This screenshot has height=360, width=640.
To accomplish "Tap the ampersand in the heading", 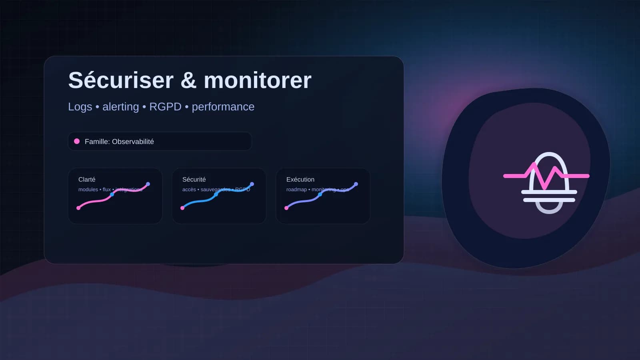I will pos(188,80).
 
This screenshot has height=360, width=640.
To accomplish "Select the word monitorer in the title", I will pos(258,80).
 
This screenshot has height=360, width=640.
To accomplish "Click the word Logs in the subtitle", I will pos(80,107).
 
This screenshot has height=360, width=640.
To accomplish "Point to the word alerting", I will pos(120,107).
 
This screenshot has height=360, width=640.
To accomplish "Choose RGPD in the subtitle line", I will pos(165,107).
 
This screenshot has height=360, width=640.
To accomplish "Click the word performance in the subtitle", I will pos(223,107).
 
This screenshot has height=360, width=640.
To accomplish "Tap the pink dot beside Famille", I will pos(77,141).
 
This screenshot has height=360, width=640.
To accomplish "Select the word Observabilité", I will pos(133,142).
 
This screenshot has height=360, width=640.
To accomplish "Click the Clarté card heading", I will pos(87,180).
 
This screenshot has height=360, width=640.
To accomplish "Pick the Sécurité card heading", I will pos(194,180).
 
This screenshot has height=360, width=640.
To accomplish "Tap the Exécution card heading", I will pos(300,180).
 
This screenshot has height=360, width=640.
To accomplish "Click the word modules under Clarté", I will pos(88,190).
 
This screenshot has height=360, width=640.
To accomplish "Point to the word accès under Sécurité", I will pos(189,190).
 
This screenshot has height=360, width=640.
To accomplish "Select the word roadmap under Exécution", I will pos(296,190).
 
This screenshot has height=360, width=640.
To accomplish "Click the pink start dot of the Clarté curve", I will pos(78,208).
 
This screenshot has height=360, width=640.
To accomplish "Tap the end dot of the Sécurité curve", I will pos(252,184).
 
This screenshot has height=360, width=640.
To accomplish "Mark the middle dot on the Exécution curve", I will pos(320,194).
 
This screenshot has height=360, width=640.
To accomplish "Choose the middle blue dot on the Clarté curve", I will pos(112,194).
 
